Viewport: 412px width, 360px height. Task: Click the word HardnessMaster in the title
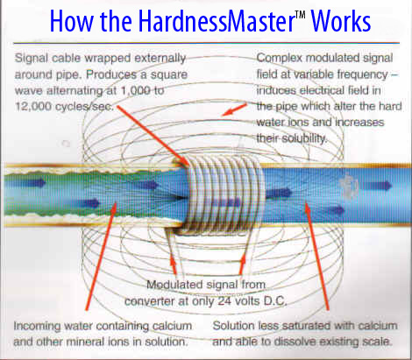click(217, 21)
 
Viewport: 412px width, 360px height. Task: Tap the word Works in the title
click(341, 21)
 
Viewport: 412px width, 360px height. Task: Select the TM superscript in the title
click(300, 14)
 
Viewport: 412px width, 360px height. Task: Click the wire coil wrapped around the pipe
click(225, 195)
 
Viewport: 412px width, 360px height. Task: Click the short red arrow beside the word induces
click(234, 109)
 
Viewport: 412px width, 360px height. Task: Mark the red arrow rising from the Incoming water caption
click(101, 256)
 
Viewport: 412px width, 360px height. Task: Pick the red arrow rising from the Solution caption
click(317, 256)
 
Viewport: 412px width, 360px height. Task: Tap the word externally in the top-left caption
click(160, 59)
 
